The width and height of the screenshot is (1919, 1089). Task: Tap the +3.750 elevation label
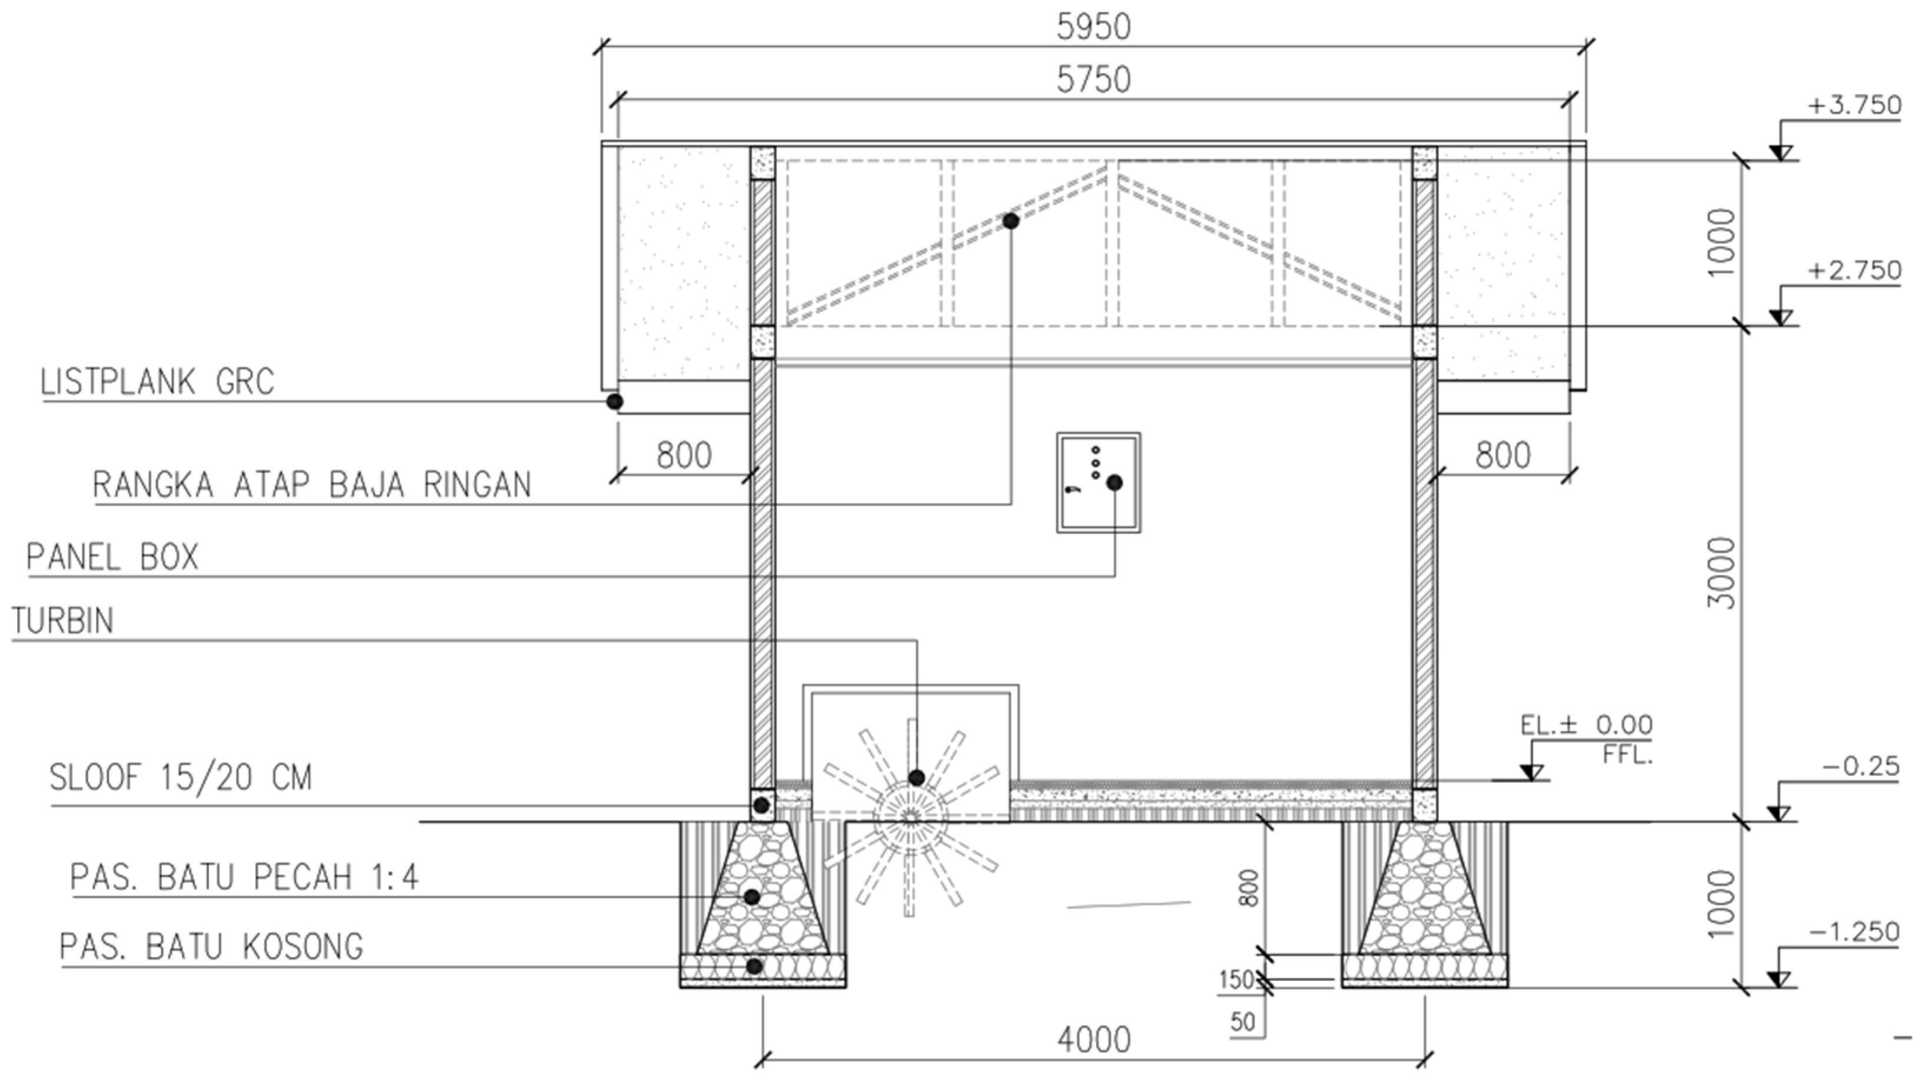(x=1854, y=105)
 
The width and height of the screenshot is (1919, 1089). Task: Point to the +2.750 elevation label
(x=1854, y=270)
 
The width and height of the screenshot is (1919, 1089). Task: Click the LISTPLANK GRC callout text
(x=157, y=382)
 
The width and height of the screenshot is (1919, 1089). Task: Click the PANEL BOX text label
(x=112, y=557)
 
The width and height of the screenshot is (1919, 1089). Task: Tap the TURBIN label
(x=63, y=621)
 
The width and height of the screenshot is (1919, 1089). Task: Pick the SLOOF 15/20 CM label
(x=180, y=778)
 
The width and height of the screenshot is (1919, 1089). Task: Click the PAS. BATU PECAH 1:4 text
(x=244, y=876)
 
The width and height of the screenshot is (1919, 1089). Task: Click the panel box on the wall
(x=1098, y=483)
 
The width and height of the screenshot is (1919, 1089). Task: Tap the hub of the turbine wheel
(x=910, y=818)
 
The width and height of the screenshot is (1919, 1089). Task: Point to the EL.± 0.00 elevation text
(x=1586, y=725)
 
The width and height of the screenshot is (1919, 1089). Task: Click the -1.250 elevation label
(x=1854, y=932)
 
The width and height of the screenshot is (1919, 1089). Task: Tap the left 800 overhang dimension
(x=684, y=455)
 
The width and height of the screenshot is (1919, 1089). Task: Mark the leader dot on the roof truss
(x=1011, y=221)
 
